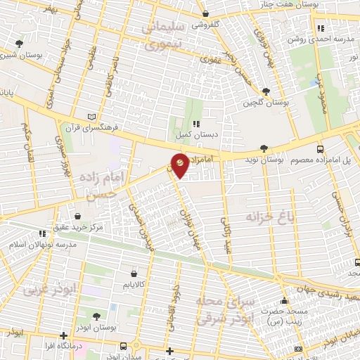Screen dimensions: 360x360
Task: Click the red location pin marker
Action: [x=181, y=165]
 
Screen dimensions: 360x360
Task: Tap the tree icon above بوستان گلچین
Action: [x=266, y=91]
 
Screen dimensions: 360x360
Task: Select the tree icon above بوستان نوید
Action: [x=264, y=148]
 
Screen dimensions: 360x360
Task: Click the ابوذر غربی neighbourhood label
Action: [x=46, y=289]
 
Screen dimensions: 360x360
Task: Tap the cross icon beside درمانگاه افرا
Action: [x=64, y=335]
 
